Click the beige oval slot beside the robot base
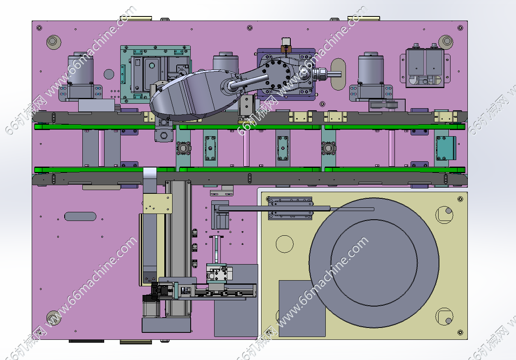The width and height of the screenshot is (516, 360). click(338, 74)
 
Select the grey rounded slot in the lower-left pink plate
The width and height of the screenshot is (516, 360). click(80, 216)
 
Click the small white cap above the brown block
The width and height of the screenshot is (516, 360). click(286, 42)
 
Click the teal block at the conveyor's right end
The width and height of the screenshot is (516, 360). click(446, 148)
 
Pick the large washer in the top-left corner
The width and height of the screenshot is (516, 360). click(54, 42)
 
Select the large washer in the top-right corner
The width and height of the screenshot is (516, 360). click(446, 42)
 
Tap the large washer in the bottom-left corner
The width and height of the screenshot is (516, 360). click(54, 318)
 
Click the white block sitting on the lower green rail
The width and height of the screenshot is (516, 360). click(150, 173)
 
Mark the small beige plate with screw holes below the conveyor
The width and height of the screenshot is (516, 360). click(158, 204)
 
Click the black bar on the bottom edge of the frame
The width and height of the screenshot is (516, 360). click(86, 341)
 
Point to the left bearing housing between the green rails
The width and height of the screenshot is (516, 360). click(183, 148)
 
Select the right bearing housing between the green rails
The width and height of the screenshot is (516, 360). click(329, 148)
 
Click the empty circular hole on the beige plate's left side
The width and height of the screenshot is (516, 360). click(285, 244)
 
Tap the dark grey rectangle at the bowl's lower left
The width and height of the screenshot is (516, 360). click(302, 309)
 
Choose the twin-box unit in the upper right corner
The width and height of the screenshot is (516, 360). click(425, 68)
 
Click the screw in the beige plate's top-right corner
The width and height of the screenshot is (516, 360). click(460, 199)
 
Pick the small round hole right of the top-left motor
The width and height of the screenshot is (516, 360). click(109, 74)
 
